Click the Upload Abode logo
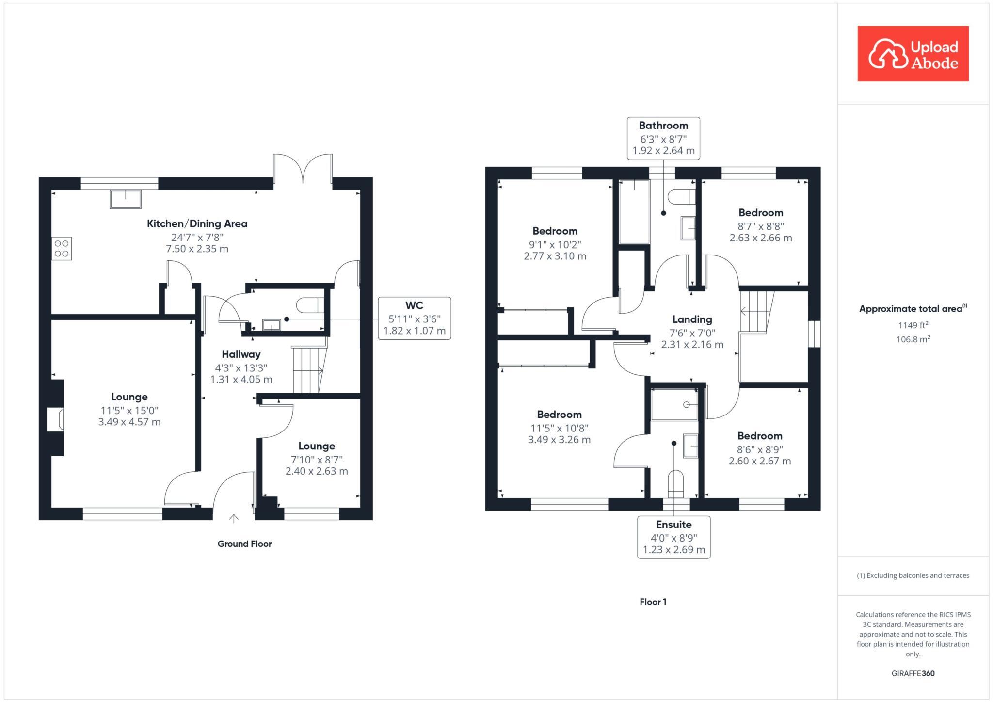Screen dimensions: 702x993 pyautogui.click(x=913, y=54)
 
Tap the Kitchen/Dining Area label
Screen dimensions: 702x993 pyautogui.click(x=197, y=223)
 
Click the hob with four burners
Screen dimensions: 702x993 pyautogui.click(x=62, y=248)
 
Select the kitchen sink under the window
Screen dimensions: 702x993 pyautogui.click(x=126, y=199)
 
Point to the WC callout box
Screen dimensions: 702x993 pyautogui.click(x=414, y=318)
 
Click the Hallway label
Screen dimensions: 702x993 pyautogui.click(x=241, y=354)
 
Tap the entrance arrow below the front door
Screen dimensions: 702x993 pyautogui.click(x=234, y=519)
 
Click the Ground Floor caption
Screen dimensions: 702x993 pyautogui.click(x=244, y=544)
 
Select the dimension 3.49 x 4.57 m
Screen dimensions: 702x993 pyautogui.click(x=129, y=422)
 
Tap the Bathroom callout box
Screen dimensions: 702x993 pyautogui.click(x=663, y=138)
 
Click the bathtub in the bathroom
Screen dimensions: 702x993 pyautogui.click(x=634, y=212)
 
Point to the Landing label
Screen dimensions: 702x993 pyautogui.click(x=692, y=319)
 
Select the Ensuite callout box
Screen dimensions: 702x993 pyautogui.click(x=673, y=537)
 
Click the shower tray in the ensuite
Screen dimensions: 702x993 pyautogui.click(x=674, y=405)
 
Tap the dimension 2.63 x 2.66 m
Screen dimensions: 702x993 pyautogui.click(x=760, y=238)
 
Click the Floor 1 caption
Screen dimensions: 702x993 pyautogui.click(x=653, y=602)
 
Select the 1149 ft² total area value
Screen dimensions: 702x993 pyautogui.click(x=913, y=325)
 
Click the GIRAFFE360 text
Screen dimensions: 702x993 pyautogui.click(x=913, y=673)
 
